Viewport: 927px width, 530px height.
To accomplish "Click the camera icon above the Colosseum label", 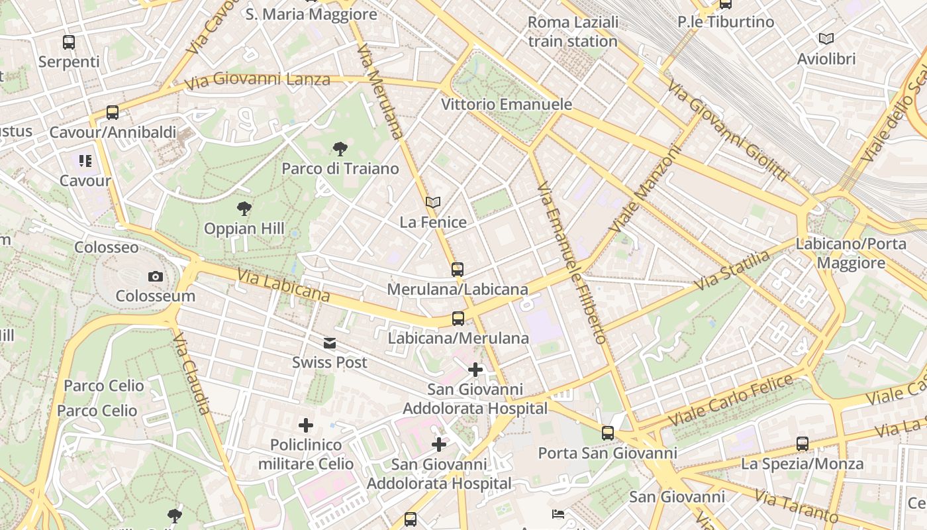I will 156,277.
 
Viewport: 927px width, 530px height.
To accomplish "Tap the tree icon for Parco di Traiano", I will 340,149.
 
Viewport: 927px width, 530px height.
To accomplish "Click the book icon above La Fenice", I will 433,203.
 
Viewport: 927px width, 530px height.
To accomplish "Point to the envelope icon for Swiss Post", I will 330,343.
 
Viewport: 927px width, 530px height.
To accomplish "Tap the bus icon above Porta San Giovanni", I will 607,433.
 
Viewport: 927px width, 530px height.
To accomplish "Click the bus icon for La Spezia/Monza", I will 802,444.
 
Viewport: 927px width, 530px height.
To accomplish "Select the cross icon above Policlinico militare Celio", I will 305,425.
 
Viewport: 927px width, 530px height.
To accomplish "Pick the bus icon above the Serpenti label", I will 69,42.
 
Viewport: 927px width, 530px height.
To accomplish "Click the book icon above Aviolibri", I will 826,39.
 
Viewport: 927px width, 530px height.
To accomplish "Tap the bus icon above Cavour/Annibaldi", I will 113,113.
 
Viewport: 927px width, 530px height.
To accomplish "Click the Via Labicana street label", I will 283,286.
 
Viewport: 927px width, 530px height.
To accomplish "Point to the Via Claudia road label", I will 192,374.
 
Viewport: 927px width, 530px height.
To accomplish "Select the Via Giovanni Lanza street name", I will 258,81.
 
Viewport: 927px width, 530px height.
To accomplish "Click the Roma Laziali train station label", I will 573,32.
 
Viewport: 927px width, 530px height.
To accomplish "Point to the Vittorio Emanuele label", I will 507,105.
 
